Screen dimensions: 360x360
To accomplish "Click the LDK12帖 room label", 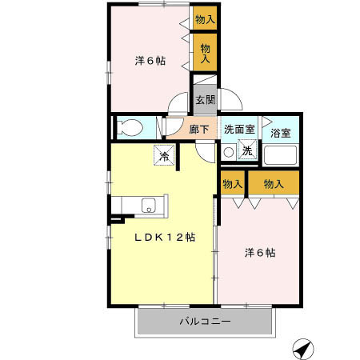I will [165, 237].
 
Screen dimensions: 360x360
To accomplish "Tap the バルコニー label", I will [204, 322].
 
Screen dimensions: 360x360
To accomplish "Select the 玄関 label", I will [205, 100].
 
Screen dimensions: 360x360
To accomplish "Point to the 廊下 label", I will [199, 130].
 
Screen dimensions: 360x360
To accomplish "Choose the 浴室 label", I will [281, 133].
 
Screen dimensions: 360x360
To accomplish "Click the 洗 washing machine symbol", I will [247, 151].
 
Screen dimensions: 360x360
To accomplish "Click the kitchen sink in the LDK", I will [149, 205].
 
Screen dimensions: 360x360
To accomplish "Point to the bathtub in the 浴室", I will [281, 155].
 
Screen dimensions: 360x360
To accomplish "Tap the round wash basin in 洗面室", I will [228, 152].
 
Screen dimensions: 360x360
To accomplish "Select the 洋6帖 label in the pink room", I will [150, 60].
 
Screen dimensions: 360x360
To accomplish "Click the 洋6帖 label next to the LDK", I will [260, 253].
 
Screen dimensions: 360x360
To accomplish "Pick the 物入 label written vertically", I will [205, 54].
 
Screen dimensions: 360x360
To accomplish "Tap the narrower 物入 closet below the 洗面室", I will [232, 184].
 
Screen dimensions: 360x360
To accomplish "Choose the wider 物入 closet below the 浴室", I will [274, 184].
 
